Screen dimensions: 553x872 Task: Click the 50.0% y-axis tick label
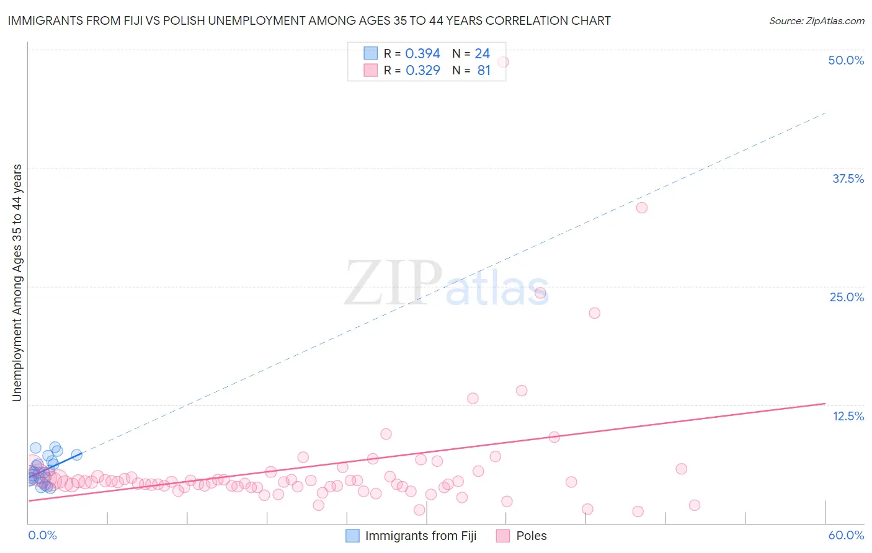click(846, 60)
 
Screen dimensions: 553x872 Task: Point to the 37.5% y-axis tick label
click(848, 179)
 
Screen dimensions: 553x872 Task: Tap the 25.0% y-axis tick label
click(847, 297)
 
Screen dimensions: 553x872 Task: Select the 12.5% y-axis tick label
click(848, 416)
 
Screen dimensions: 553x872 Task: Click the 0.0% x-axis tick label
click(42, 535)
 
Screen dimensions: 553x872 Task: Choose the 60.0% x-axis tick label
click(846, 535)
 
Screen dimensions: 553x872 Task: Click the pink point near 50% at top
click(503, 62)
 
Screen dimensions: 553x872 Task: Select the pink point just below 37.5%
click(642, 208)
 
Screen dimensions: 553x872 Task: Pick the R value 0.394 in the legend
click(422, 54)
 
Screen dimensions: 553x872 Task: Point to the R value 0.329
click(422, 71)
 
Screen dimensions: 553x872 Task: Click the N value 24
click(482, 54)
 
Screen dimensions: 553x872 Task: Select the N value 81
click(484, 71)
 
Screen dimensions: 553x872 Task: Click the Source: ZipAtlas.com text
click(816, 21)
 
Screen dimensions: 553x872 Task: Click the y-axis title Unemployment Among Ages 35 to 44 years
click(17, 283)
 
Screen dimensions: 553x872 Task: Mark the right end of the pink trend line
click(825, 404)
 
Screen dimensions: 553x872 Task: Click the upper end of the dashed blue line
click(825, 113)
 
